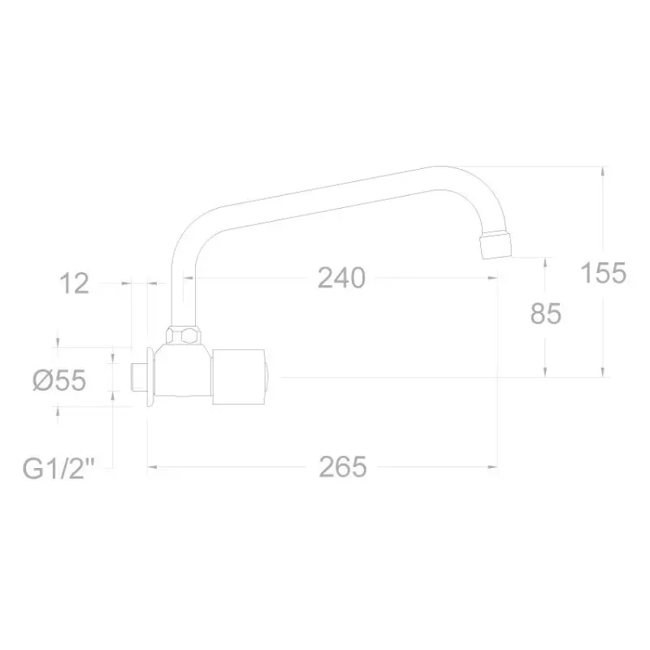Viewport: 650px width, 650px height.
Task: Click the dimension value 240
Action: click(x=341, y=278)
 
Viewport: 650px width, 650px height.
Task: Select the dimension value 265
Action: click(x=343, y=466)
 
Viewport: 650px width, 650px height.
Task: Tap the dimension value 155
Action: click(x=604, y=273)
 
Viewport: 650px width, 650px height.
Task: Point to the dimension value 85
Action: click(x=545, y=314)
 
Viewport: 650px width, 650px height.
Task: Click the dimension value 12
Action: click(x=74, y=284)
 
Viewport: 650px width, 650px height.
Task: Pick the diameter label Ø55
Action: click(x=59, y=380)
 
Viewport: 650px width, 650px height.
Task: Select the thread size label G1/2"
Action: click(x=59, y=469)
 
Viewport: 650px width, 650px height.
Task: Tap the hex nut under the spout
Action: click(x=184, y=335)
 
